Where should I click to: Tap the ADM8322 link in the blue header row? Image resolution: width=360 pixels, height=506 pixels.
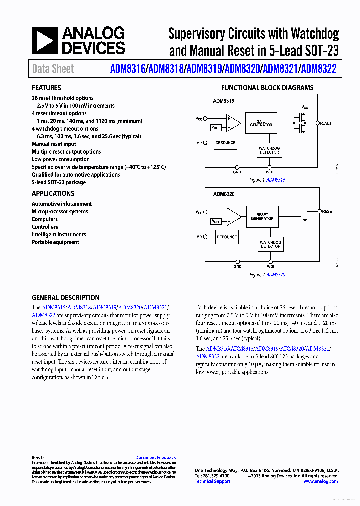(319, 69)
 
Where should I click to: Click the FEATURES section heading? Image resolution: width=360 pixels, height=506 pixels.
(46, 88)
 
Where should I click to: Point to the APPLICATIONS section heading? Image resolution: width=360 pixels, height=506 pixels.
(53, 193)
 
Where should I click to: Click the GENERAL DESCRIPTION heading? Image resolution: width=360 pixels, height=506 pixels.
(65, 298)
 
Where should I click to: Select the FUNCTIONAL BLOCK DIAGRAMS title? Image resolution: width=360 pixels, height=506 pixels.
(267, 88)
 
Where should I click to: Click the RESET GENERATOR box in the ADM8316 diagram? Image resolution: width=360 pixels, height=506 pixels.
(261, 123)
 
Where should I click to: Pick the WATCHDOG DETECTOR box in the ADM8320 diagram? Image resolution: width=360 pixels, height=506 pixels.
(270, 244)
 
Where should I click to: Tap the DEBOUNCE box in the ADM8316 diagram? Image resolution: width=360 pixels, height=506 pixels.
(225, 143)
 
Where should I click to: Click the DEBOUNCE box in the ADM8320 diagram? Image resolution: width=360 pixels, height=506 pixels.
(227, 237)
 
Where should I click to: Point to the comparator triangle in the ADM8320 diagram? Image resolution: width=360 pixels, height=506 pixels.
(233, 216)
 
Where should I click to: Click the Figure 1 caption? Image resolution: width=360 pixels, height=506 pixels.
(267, 180)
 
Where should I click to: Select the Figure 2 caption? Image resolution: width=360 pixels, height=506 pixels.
(267, 274)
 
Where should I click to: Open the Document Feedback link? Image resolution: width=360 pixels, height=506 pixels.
(155, 458)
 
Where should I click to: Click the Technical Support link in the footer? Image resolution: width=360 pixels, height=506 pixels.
(212, 481)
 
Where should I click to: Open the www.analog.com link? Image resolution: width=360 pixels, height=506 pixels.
(320, 481)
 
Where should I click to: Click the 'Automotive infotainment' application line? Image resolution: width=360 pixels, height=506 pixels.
(62, 204)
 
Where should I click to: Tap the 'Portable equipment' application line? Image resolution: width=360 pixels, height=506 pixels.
(55, 242)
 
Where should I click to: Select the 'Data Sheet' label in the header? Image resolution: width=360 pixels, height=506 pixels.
(53, 69)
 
